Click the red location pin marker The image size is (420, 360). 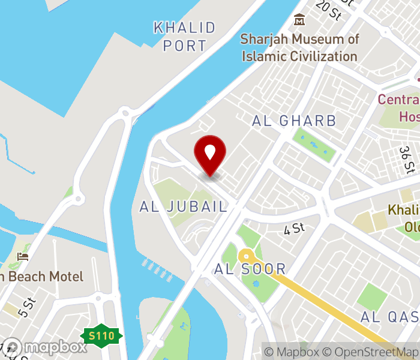(x=210, y=155)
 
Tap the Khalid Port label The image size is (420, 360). (x=184, y=36)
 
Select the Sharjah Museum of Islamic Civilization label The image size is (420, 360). (x=299, y=48)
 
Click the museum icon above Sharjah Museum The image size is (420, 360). (x=299, y=20)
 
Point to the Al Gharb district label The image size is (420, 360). (x=294, y=121)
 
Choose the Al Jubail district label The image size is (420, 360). (x=184, y=207)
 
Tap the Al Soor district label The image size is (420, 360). (x=250, y=269)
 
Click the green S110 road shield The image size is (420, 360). (x=102, y=336)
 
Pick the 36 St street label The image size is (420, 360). (x=407, y=158)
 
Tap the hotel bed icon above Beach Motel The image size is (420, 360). (x=23, y=257)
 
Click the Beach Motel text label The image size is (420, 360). (x=42, y=277)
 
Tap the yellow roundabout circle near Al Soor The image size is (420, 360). (x=245, y=257)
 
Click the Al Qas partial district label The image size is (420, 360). (x=390, y=316)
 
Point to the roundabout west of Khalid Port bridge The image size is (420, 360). (x=125, y=112)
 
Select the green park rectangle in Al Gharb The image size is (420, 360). (x=314, y=145)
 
